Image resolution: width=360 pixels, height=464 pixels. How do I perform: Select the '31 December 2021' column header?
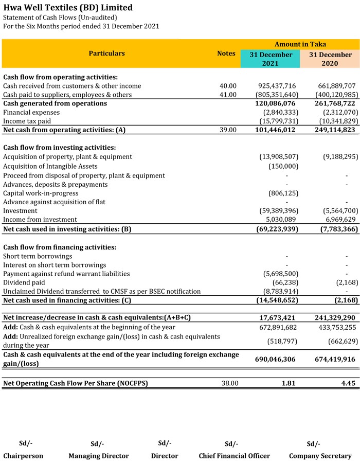coord(271,59)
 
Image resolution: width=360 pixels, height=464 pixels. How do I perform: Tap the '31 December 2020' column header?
coord(330,59)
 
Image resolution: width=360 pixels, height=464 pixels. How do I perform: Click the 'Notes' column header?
coord(226,53)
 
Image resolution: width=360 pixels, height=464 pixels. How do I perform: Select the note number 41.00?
coord(228,95)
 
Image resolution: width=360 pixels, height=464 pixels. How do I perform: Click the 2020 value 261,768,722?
coord(335,103)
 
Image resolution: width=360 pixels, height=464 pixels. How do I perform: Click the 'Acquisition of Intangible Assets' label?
coord(50,166)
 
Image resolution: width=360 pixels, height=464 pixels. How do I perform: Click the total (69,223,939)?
coord(277,229)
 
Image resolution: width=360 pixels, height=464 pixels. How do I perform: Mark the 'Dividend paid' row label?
coord(24,282)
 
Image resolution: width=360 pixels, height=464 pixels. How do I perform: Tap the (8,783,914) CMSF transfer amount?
coord(280,291)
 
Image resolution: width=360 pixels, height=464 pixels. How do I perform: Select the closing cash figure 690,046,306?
coord(276,360)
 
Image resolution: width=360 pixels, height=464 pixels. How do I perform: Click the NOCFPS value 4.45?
coord(348,383)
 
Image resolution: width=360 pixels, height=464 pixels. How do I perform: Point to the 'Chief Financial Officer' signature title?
coord(234,456)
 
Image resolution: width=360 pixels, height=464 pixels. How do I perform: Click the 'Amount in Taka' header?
coord(300,45)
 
